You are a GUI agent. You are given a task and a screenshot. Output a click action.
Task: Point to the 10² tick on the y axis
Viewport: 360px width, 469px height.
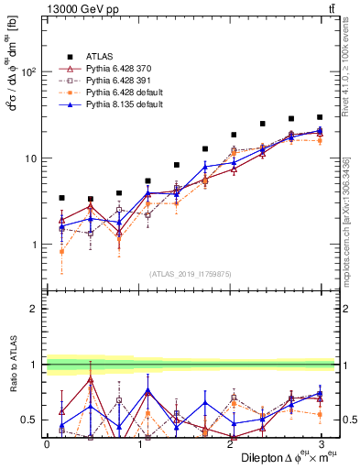coord(29,71)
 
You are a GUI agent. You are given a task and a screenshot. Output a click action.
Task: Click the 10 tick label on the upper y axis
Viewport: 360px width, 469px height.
coord(32,158)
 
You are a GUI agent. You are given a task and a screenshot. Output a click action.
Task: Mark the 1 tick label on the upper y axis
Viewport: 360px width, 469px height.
coord(35,245)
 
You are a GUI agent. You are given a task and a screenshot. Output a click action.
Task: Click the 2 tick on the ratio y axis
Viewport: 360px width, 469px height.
coord(35,310)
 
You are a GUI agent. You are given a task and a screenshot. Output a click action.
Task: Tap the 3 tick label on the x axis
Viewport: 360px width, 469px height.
coord(320,443)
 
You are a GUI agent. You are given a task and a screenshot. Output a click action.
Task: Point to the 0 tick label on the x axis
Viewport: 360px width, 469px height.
coord(47,443)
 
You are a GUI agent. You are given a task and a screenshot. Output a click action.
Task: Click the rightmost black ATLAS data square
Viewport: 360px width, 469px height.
coord(320,117)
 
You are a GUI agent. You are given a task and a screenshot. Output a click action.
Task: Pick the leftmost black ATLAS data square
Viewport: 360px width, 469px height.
coord(61,198)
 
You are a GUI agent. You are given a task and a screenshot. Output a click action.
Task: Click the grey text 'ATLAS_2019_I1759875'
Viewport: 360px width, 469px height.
coord(184,273)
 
